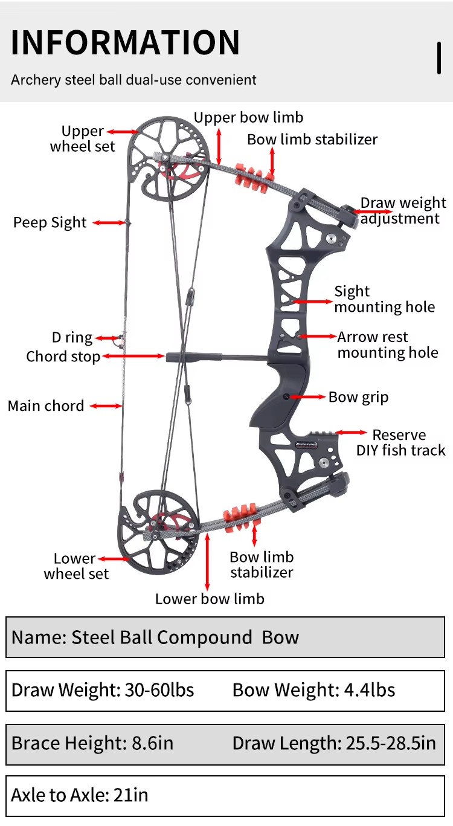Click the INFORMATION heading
(x=125, y=42)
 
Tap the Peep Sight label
(x=50, y=222)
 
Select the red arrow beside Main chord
(x=106, y=406)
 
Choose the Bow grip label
(x=358, y=397)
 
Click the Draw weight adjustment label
(x=403, y=210)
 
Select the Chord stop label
(x=63, y=357)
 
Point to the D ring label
(x=72, y=337)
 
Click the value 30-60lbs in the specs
(x=159, y=690)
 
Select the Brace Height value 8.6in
(x=153, y=743)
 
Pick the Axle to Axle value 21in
(x=130, y=795)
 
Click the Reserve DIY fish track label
(x=400, y=442)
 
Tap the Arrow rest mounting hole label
(x=388, y=345)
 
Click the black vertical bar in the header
(x=439, y=58)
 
